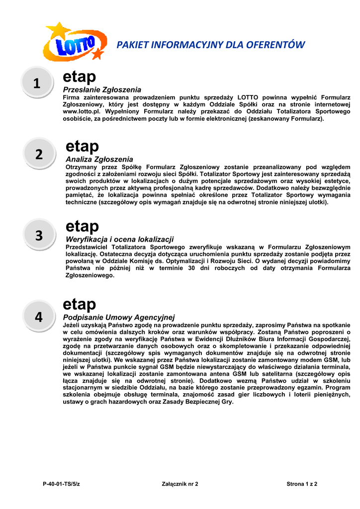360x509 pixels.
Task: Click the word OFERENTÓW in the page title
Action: (x=278, y=45)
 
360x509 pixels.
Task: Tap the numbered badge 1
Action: (x=38, y=85)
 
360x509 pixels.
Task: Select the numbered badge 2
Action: (x=39, y=155)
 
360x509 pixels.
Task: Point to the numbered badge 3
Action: (x=39, y=236)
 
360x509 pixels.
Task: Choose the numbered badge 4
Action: (x=39, y=317)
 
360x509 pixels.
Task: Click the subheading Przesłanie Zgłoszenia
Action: (x=102, y=89)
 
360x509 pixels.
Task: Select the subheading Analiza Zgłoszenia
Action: (x=99, y=160)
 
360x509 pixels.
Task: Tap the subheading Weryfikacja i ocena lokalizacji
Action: (x=120, y=240)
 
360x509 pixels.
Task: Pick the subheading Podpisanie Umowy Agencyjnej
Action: (x=119, y=317)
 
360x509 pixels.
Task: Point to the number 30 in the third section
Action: (x=191, y=268)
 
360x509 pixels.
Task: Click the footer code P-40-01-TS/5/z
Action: (x=61, y=484)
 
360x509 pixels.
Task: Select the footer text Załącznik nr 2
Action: (x=180, y=484)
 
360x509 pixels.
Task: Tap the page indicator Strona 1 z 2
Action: (x=302, y=484)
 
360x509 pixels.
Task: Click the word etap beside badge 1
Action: (x=79, y=77)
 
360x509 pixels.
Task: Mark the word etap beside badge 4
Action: (x=80, y=304)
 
